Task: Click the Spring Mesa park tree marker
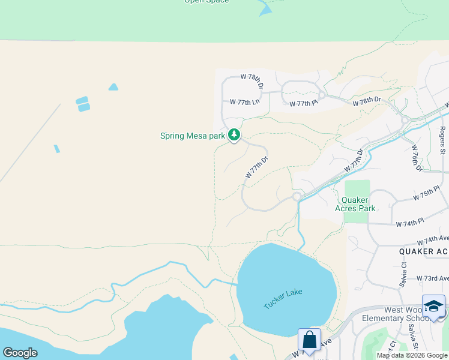(234, 135)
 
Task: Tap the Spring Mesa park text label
(192, 136)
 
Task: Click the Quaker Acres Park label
(358, 204)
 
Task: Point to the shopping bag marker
(309, 340)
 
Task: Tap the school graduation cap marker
(433, 306)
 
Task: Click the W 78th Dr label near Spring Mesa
(252, 81)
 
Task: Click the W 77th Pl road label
(303, 104)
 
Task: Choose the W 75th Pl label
(427, 197)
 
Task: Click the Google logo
(20, 353)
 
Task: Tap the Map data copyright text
(412, 355)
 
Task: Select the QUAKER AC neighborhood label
(423, 252)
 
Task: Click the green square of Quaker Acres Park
(357, 188)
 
